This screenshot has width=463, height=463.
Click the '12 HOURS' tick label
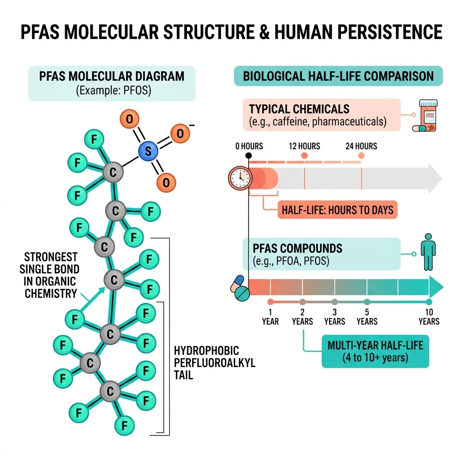(304, 146)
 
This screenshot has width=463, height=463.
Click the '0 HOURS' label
(249, 146)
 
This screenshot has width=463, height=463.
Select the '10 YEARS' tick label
(429, 317)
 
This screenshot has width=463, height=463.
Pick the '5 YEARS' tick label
(367, 317)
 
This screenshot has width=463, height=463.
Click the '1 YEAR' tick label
(270, 317)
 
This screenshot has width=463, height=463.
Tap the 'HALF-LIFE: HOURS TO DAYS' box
(337, 210)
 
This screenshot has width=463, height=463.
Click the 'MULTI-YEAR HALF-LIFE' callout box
(375, 351)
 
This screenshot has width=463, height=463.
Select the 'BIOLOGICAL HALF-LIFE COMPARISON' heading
(338, 76)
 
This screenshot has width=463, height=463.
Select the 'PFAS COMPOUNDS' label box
(321, 254)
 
